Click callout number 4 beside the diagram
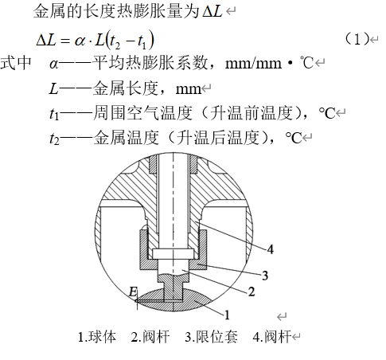pos(270,249)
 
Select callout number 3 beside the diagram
pos(265,276)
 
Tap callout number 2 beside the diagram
pos(251,292)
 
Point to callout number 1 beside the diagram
pos(227,315)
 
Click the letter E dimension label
pos(133,292)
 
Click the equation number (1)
pos(357,39)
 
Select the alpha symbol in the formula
pos(80,41)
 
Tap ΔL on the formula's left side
pos(46,40)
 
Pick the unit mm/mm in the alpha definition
pos(253,64)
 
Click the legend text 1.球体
pos(97,337)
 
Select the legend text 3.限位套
pos(211,337)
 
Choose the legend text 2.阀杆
pos(150,337)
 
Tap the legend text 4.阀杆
pos(272,337)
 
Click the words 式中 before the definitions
pos(16,63)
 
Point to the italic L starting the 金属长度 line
pos(54,88)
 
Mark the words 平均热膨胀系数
pos(150,63)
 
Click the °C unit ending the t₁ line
pos(326,113)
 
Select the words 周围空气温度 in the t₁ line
pos(142,113)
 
